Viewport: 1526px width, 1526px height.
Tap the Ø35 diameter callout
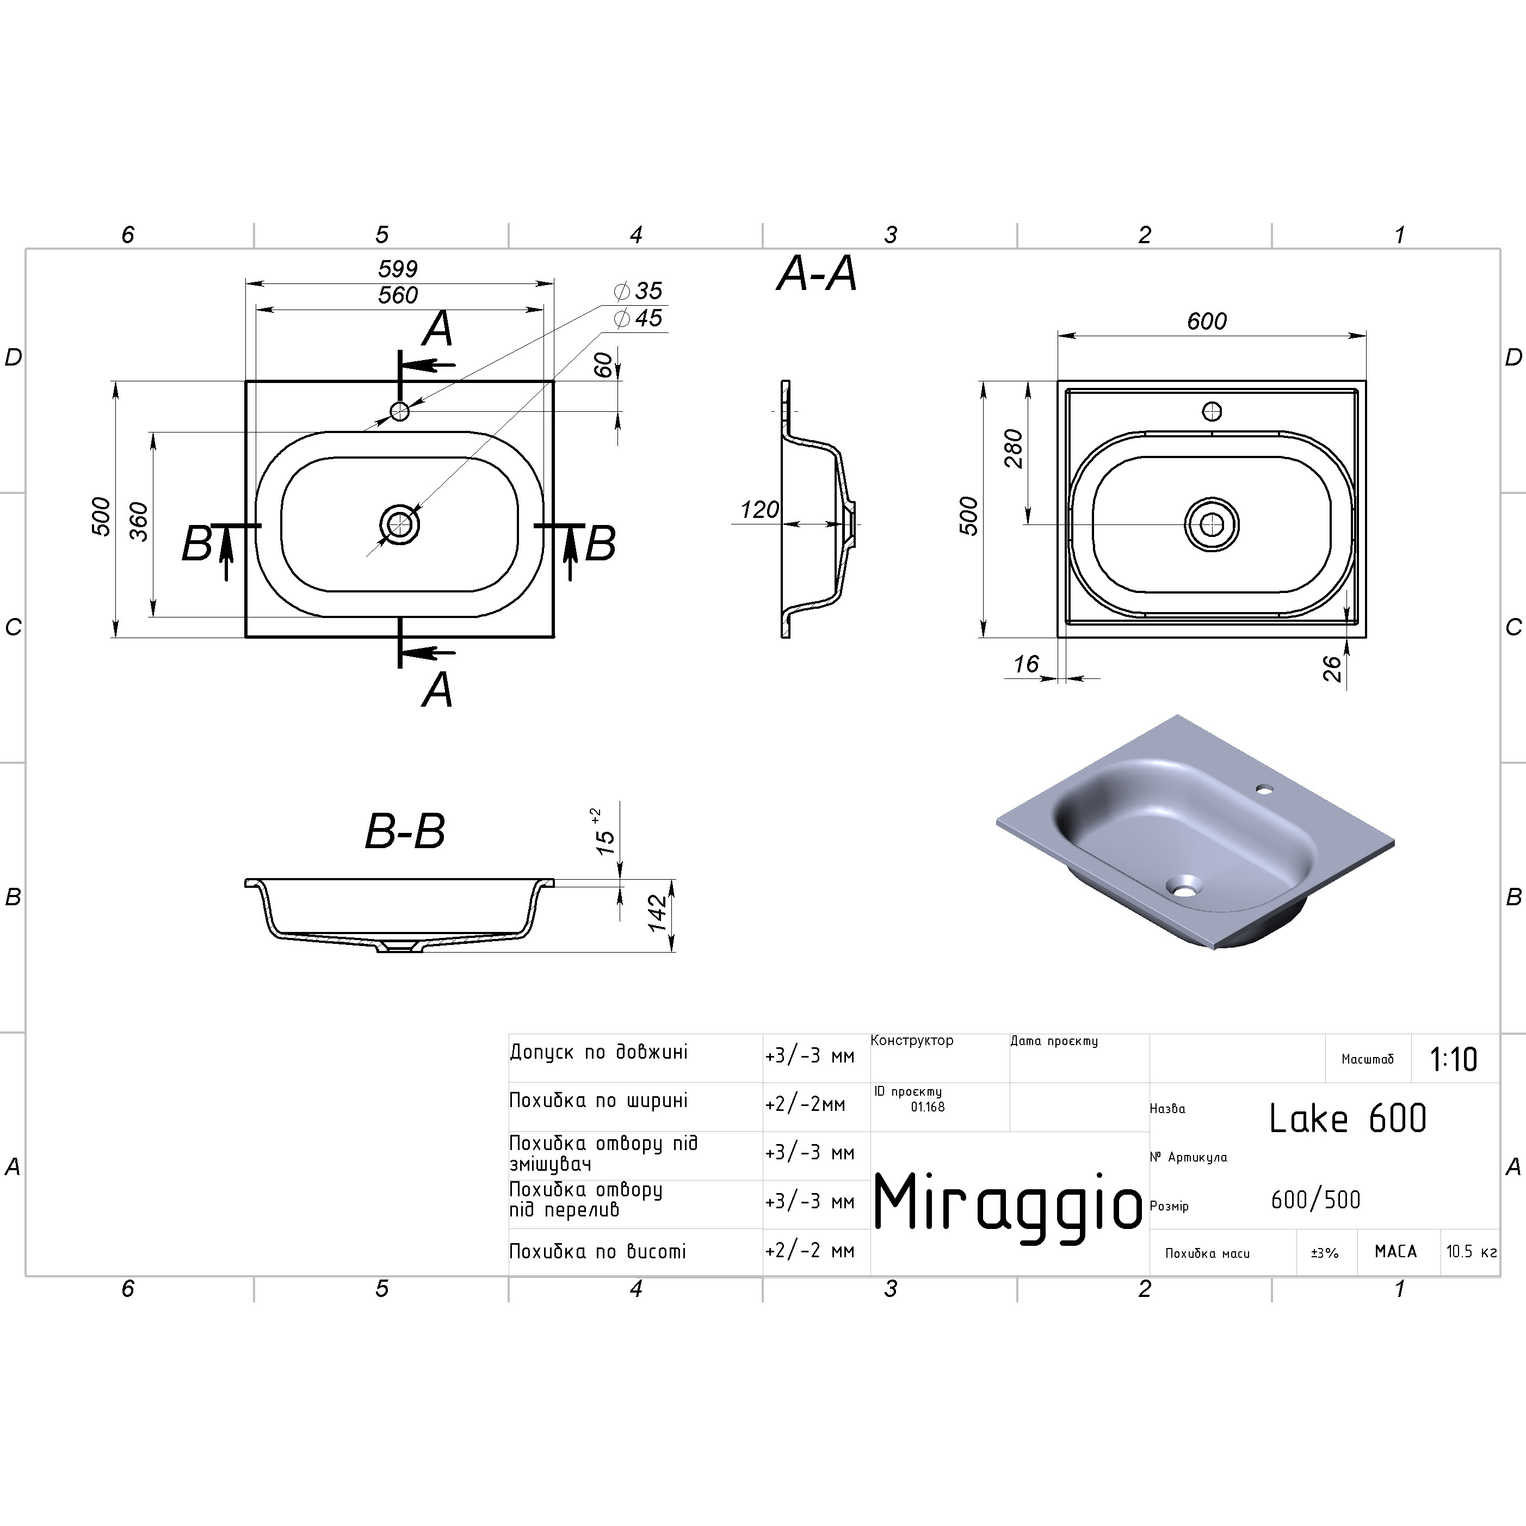(x=638, y=291)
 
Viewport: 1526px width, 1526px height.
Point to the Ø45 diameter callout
(x=638, y=318)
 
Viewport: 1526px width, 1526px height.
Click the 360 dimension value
(x=138, y=521)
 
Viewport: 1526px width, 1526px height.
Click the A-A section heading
(x=817, y=274)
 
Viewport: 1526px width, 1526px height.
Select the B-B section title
(x=405, y=832)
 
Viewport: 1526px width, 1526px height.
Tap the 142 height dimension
(x=657, y=914)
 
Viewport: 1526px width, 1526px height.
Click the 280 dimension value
(x=1014, y=449)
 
